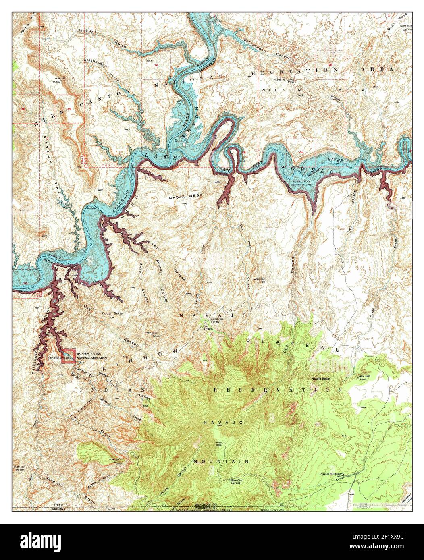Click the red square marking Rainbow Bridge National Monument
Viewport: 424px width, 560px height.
(68, 356)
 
